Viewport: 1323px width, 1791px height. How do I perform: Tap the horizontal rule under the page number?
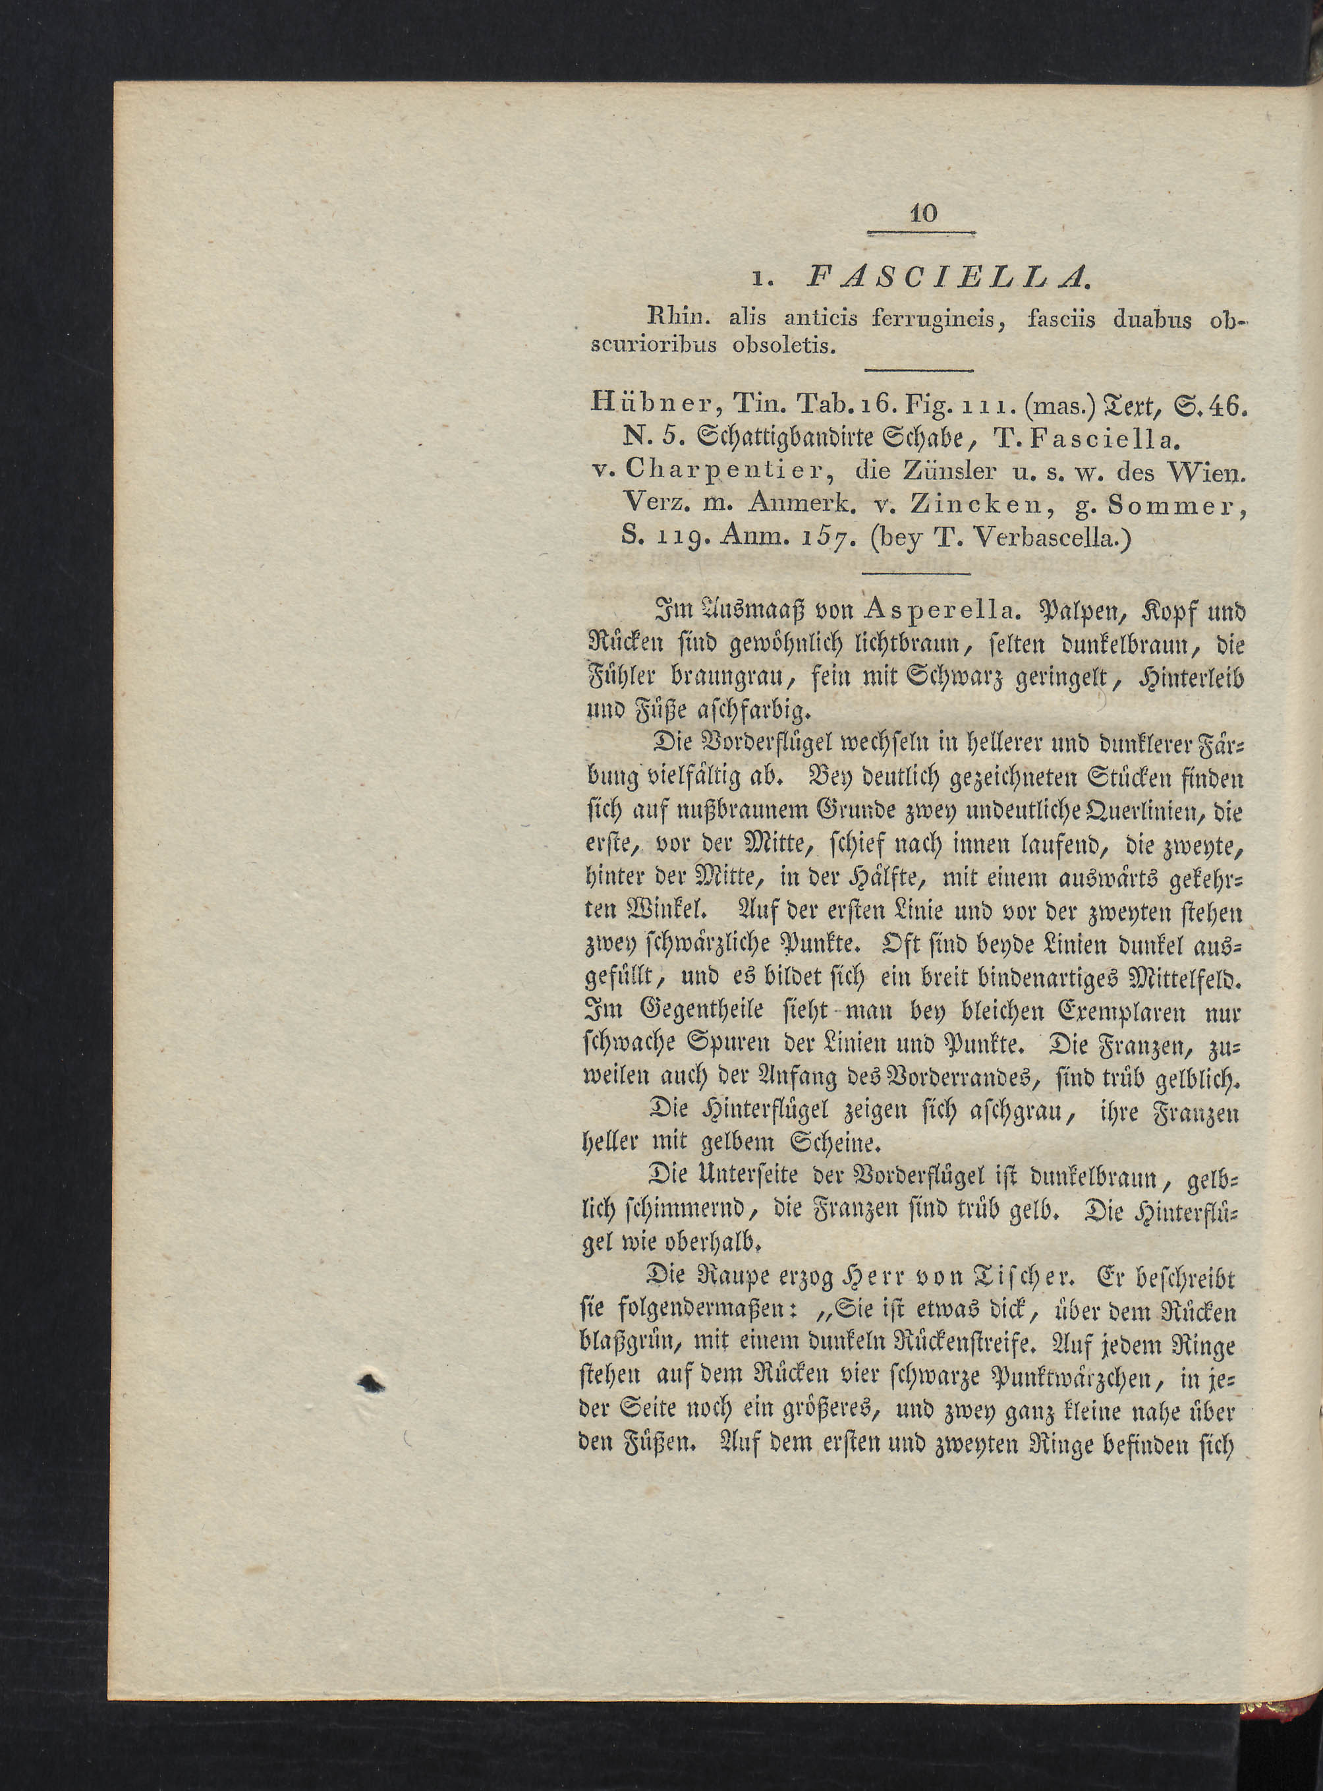(921, 234)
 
